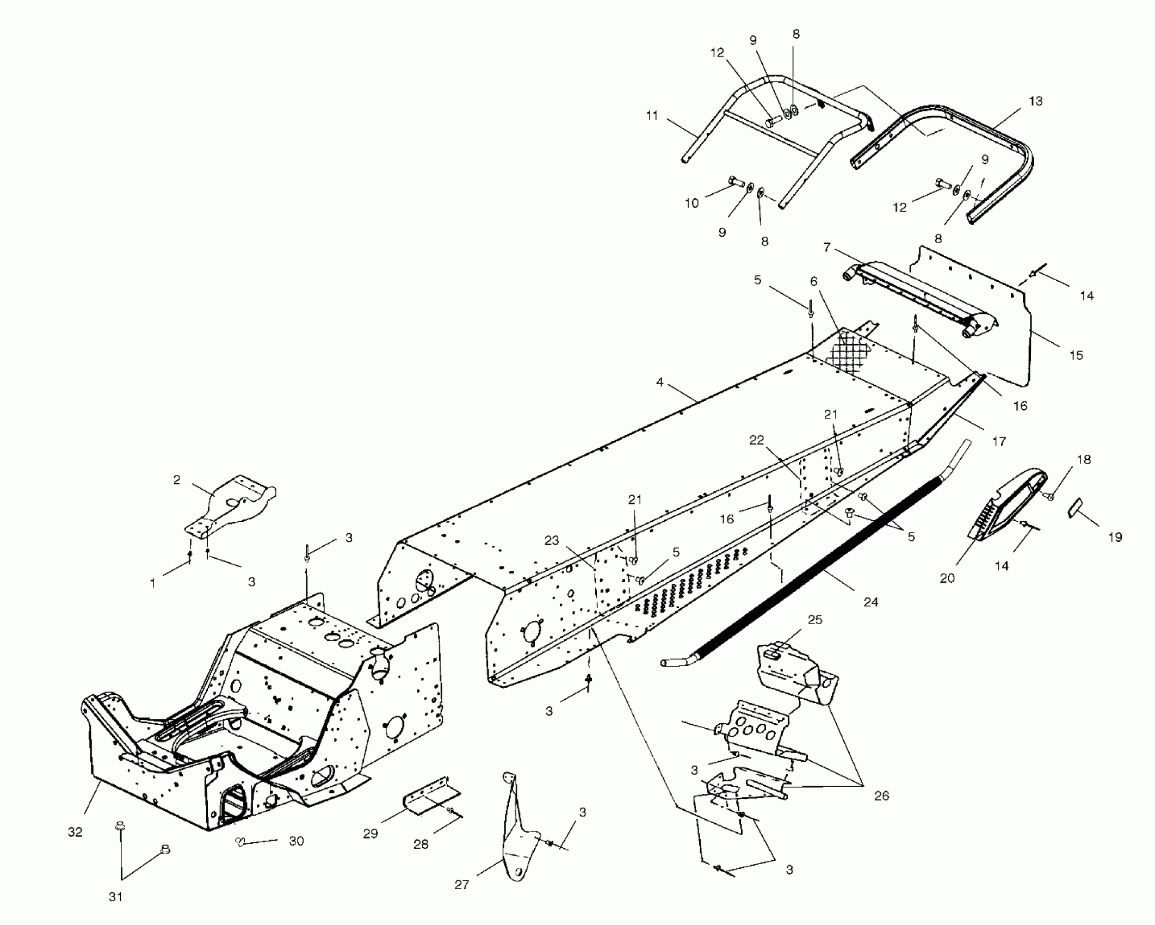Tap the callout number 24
(x=870, y=602)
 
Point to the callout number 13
(x=1036, y=101)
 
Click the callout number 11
(x=652, y=115)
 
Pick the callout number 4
(x=660, y=383)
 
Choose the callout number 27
(x=461, y=885)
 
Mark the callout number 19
(x=1115, y=538)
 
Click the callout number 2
(x=177, y=480)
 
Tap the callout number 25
(x=815, y=620)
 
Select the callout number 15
(x=1076, y=355)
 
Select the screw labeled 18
(x=1051, y=496)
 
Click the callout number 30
(x=296, y=841)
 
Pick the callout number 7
(x=827, y=248)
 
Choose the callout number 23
(x=552, y=541)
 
